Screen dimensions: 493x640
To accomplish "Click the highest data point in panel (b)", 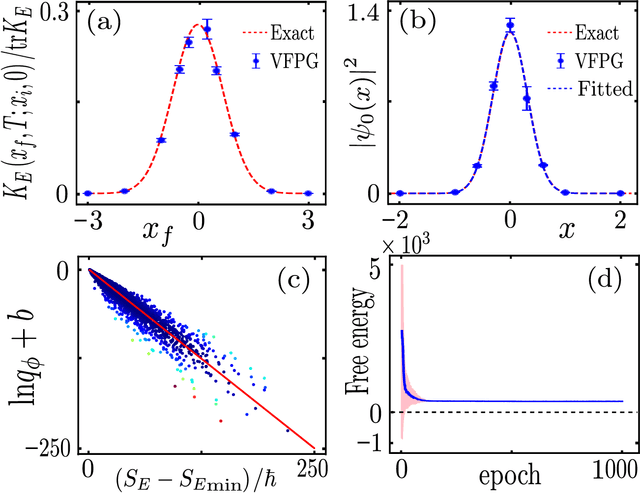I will (x=509, y=26).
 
